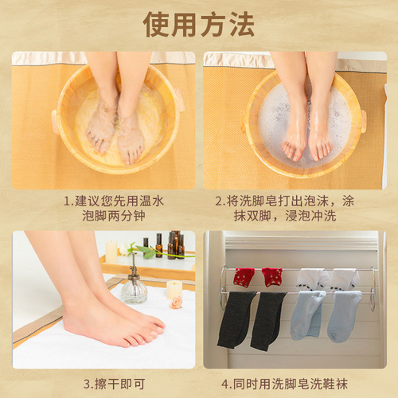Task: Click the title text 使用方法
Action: (199, 25)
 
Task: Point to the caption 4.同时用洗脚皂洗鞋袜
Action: (295, 383)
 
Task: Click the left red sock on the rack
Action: (244, 277)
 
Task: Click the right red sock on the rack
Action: (272, 277)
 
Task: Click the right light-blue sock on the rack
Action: (344, 314)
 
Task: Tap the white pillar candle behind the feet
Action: (112, 252)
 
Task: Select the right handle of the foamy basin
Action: (362, 121)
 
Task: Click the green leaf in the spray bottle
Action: (144, 252)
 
